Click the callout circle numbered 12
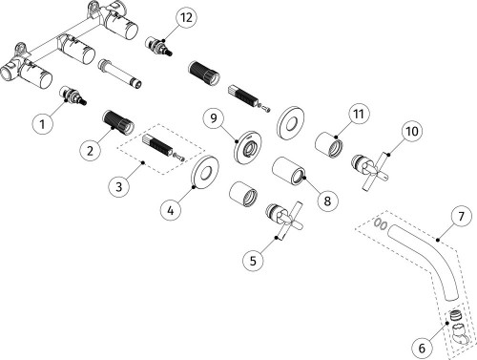[186, 17]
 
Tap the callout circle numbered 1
[42, 123]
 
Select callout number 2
[91, 150]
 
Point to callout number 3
[118, 186]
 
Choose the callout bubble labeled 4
[171, 210]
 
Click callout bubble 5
[253, 261]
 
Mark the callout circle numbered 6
[422, 348]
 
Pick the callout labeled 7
[461, 217]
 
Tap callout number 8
[327, 201]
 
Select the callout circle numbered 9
[214, 117]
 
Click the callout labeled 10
[412, 131]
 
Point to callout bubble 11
[359, 114]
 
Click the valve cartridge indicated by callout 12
[158, 47]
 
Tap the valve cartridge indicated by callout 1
[73, 95]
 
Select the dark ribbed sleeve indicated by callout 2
[118, 121]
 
